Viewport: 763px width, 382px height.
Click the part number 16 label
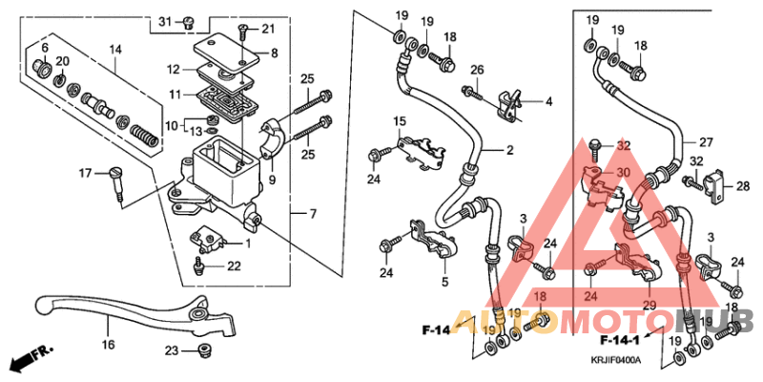pos(108,344)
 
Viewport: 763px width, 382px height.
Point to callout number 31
pos(163,22)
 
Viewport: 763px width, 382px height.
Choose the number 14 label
pos(115,49)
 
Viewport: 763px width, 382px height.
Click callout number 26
pos(477,69)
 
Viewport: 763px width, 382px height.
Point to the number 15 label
pos(401,120)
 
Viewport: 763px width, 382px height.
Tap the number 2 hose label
pos(509,151)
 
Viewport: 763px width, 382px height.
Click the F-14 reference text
pos(436,330)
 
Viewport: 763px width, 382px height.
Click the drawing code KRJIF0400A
pos(614,360)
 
